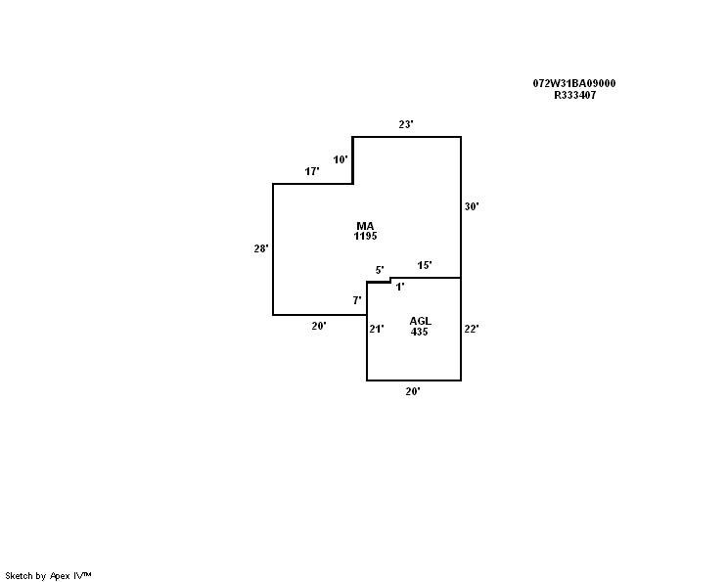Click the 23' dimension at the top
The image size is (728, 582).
coord(406,124)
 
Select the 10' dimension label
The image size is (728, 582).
coord(341,159)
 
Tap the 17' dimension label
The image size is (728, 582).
coord(312,171)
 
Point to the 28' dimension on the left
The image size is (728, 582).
coord(261,248)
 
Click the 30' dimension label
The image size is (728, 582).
coord(472,206)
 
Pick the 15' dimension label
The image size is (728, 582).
coord(425,265)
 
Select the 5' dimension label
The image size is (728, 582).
coord(380,270)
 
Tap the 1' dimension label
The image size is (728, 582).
coord(400,287)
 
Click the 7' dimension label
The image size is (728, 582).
coord(357,300)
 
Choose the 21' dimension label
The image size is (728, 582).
coord(377,329)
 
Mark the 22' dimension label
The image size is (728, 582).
coord(472,329)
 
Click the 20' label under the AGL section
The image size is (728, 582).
coord(413,391)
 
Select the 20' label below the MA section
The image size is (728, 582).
coord(319,326)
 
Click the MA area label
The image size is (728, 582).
coord(365,226)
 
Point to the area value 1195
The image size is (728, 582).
coord(365,236)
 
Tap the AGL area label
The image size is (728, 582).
coord(420,321)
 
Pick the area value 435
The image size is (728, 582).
coord(419,332)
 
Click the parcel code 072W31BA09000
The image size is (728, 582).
coord(574,83)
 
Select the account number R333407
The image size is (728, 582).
coord(574,95)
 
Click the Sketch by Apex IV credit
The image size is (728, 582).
coord(48,576)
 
